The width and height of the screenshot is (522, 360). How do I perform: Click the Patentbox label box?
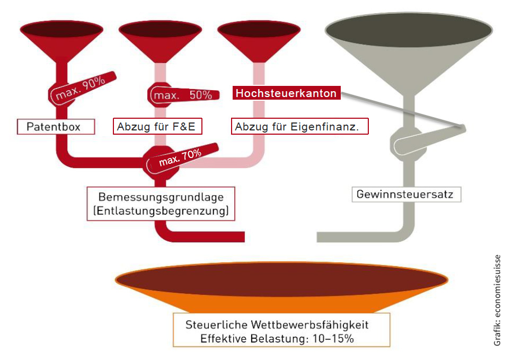(56, 127)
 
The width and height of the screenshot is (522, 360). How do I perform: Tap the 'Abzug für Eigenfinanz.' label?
(300, 127)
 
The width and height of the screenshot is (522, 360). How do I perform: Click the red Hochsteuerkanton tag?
(286, 93)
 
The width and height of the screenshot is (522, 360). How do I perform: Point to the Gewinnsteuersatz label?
(405, 194)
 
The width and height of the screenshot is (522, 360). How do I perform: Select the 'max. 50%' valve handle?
(182, 95)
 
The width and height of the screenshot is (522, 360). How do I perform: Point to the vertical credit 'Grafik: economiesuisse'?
(497, 301)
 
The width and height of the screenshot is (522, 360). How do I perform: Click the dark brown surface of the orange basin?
(281, 279)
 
